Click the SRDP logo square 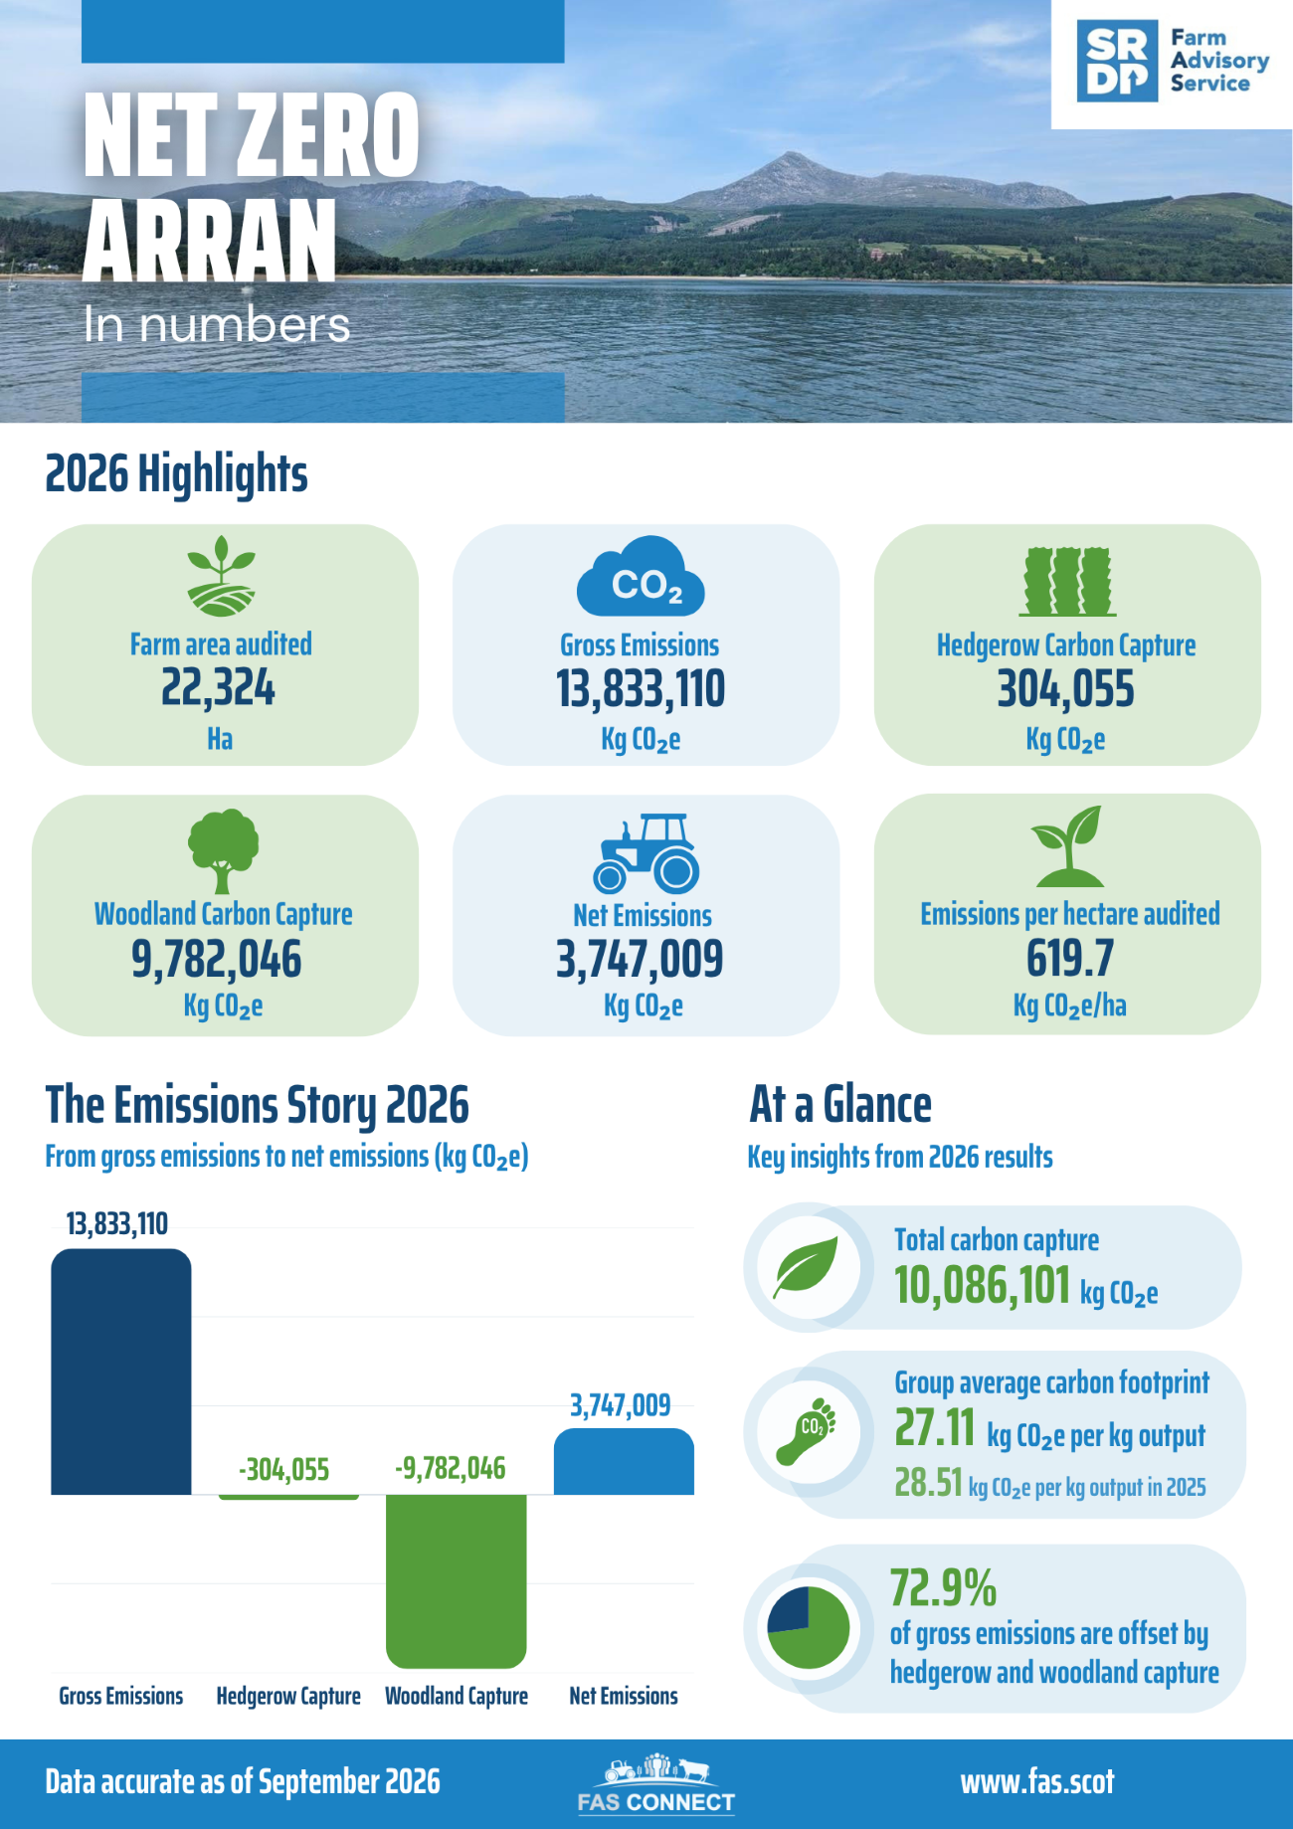point(1117,61)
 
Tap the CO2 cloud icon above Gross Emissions point(641,577)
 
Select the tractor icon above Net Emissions point(646,853)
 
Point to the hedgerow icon point(1067,582)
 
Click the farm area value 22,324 point(219,688)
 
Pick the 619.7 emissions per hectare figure point(1070,959)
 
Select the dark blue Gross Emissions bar point(121,1372)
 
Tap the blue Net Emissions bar point(624,1462)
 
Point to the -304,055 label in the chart point(284,1470)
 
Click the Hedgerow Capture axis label point(288,1696)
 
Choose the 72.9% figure point(943,1588)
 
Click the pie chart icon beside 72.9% point(809,1628)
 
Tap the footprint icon point(807,1431)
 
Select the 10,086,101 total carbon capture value point(983,1285)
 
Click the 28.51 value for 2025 point(928,1483)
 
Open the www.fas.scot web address point(1037,1782)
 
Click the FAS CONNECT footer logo point(656,1785)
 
